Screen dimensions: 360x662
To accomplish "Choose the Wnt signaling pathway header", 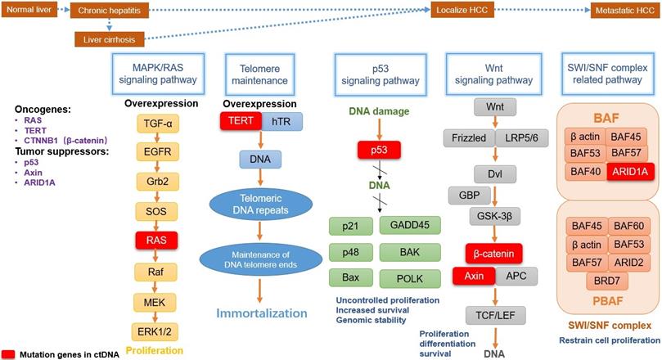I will [x=489, y=74].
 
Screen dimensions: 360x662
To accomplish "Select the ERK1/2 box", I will [x=160, y=331].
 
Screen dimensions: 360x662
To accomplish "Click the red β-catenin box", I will [x=493, y=251].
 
